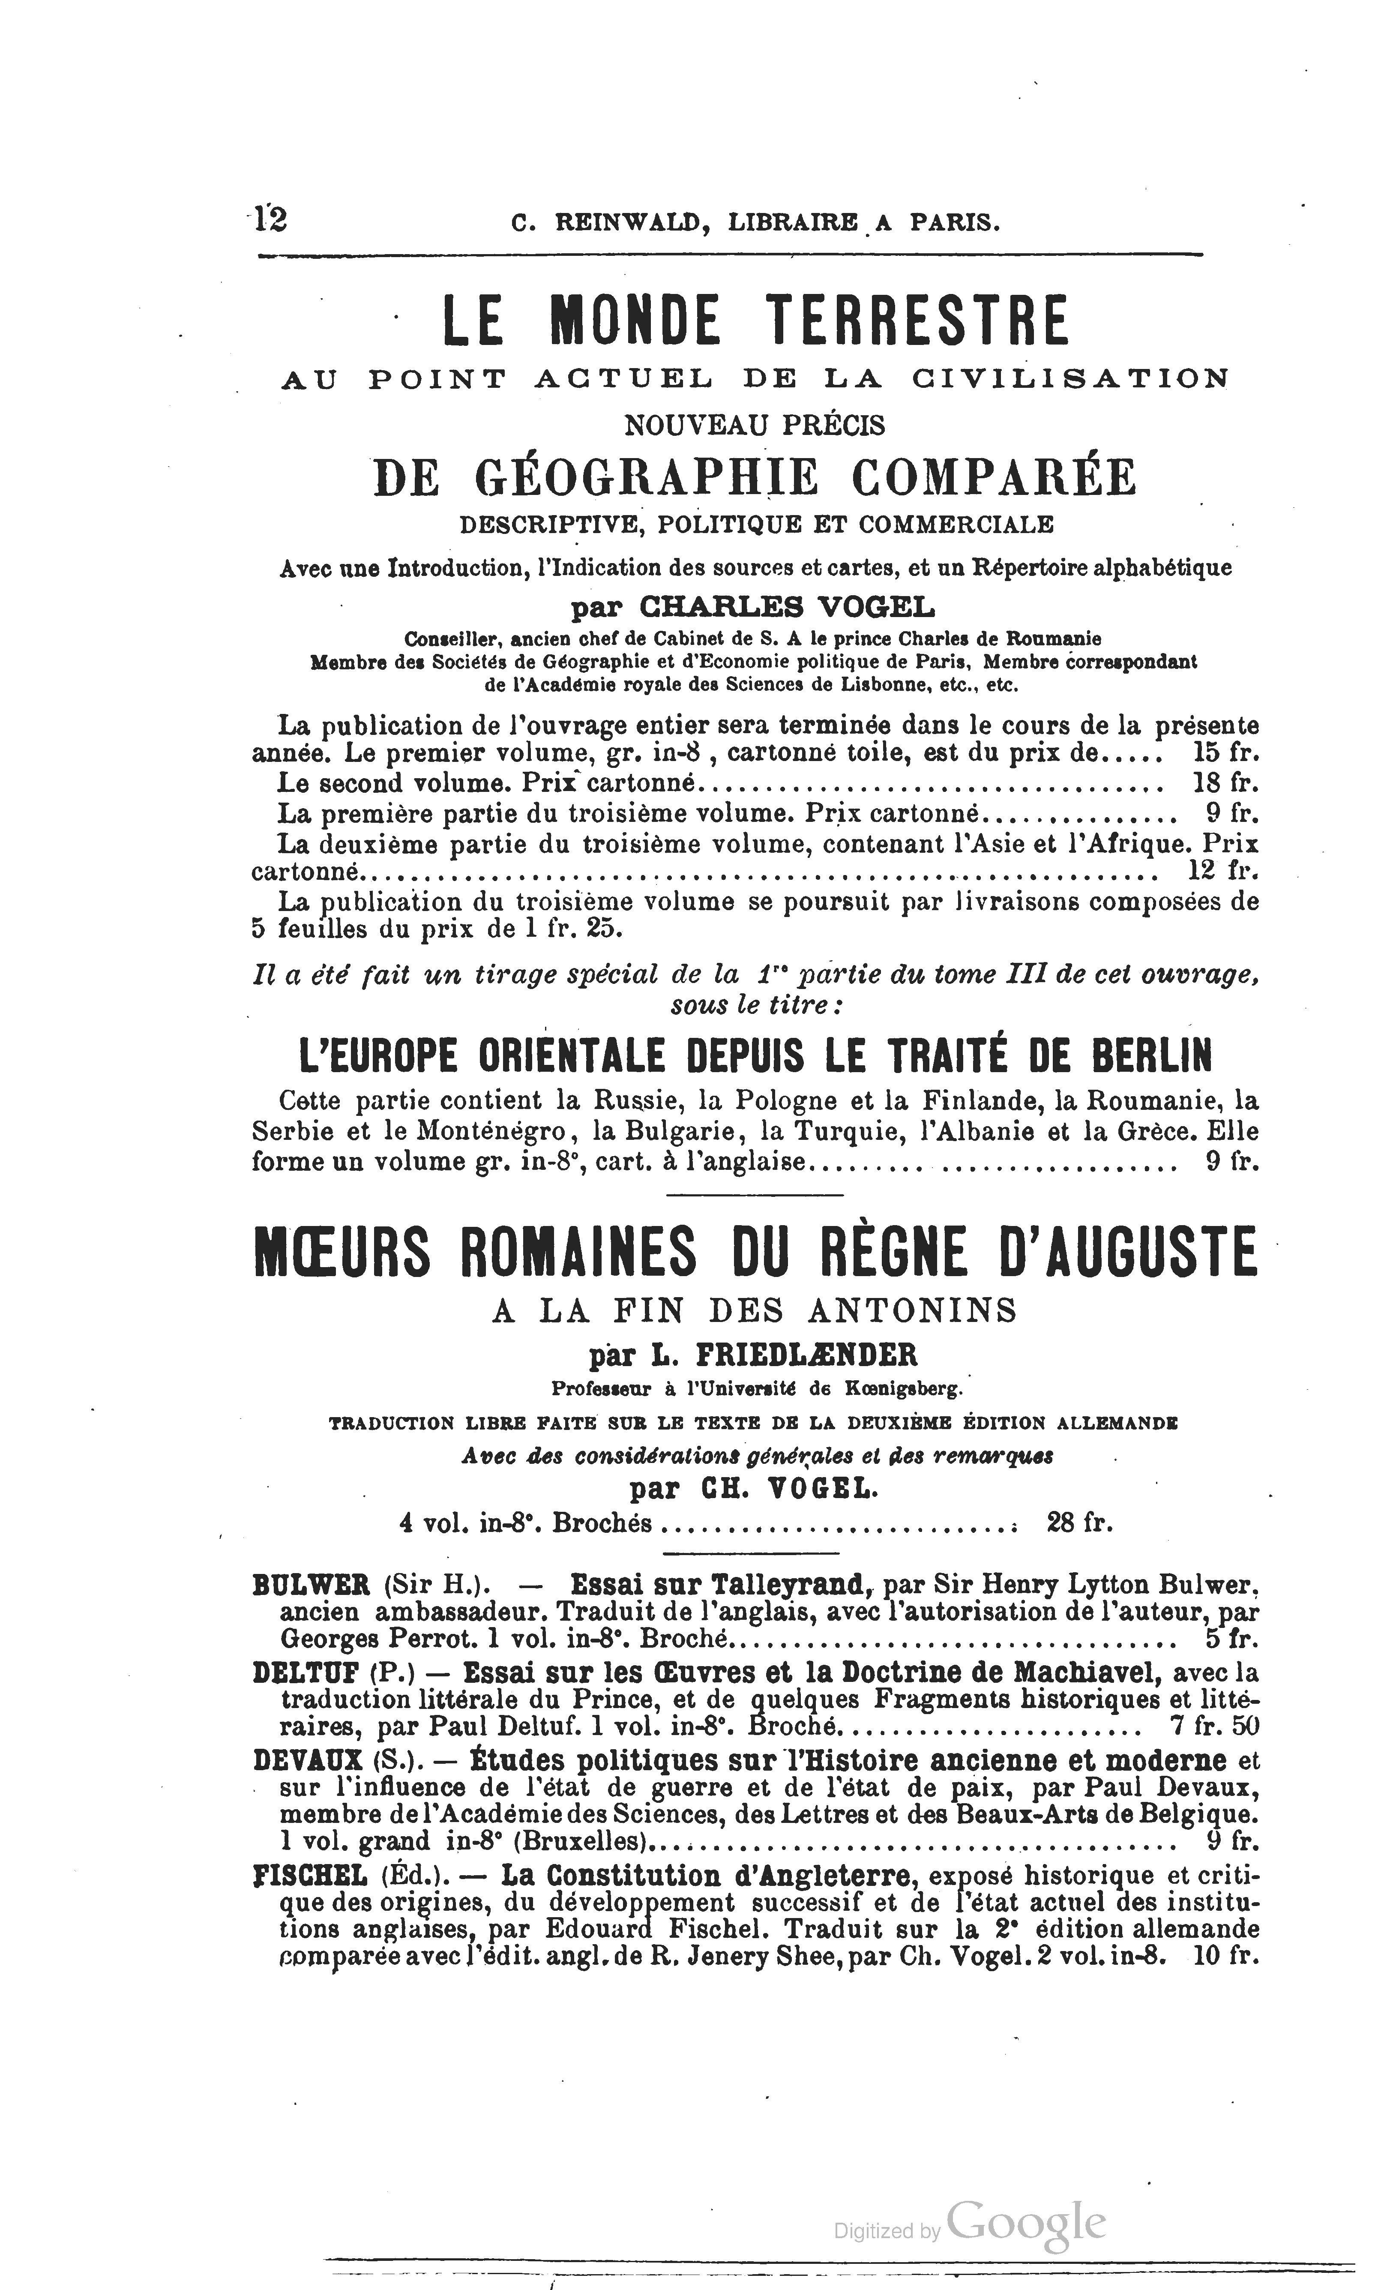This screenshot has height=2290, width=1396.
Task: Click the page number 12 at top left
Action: tap(269, 219)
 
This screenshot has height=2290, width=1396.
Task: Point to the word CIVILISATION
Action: tap(1069, 379)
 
